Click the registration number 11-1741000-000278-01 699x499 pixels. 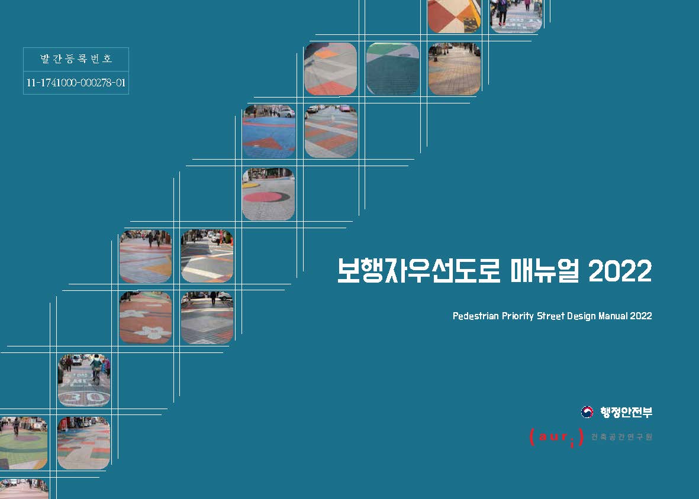76,83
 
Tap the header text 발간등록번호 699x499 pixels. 76,59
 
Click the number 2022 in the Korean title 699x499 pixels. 620,271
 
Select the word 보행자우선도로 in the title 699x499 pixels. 418,271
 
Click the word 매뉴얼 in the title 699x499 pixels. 545,271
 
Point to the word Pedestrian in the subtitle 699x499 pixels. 475,316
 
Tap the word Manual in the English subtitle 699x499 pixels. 613,316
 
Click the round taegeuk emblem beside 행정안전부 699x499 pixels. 587,412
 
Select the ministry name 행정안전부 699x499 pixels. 626,412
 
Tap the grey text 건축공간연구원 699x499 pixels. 621,437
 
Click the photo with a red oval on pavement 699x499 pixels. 268,194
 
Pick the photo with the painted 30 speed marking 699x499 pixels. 84,381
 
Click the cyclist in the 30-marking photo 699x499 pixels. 96,370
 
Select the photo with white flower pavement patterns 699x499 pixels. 146,318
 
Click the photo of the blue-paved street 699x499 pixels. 269,131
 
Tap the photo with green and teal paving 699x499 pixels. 393,69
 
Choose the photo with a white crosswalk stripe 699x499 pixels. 207,256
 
